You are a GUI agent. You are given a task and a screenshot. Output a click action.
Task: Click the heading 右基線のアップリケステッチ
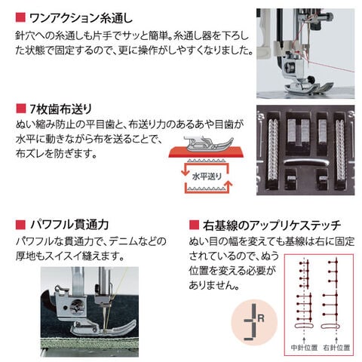point(271,225)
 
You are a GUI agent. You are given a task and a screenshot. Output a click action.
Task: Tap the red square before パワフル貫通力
point(19,225)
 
